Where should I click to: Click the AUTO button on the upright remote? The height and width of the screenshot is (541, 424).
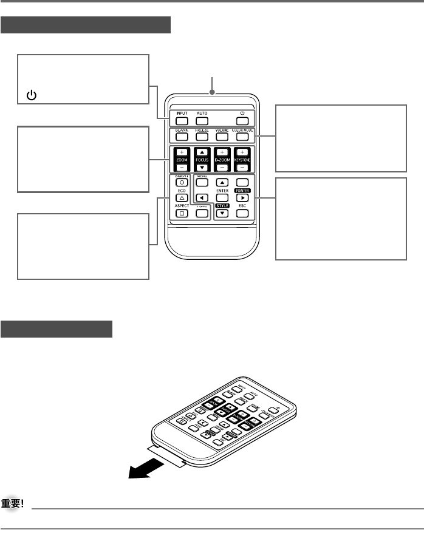tap(202, 120)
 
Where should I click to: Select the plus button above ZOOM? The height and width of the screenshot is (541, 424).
tap(181, 152)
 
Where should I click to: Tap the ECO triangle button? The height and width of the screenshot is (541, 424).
tap(181, 198)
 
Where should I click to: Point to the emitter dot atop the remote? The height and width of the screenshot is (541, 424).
tap(213, 92)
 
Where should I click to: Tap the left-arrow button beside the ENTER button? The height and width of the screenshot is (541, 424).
tap(202, 198)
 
